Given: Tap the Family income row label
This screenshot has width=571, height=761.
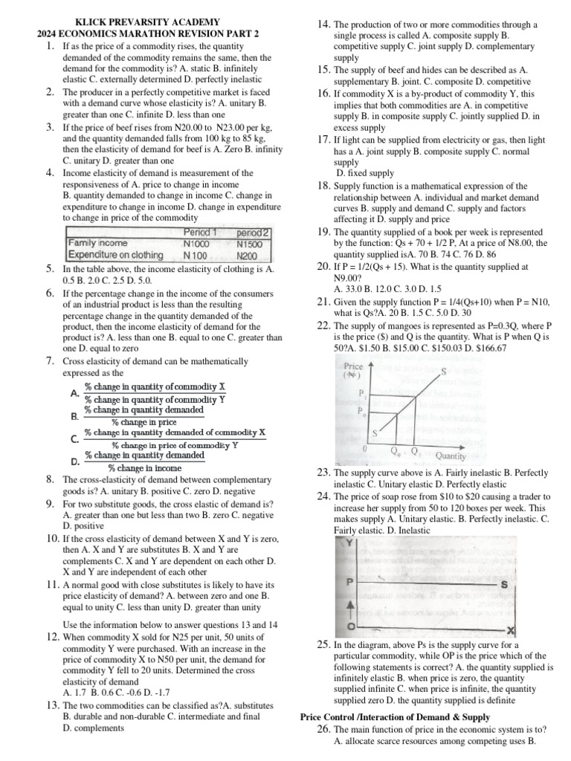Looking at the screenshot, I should click(97, 243).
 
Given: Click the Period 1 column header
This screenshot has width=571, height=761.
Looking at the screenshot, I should click(200, 231).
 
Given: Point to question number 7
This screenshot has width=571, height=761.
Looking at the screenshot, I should click(49, 361).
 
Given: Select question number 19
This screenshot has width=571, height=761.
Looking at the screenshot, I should click(323, 232).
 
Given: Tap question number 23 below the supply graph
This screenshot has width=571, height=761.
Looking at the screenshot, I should click(323, 473).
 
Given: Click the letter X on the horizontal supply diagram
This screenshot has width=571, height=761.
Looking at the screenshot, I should click(511, 630).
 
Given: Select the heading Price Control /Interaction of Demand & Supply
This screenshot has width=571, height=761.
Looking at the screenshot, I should click(395, 716).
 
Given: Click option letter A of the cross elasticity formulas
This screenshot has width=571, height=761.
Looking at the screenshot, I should click(74, 392).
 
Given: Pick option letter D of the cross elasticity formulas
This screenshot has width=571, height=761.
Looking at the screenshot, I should click(74, 462).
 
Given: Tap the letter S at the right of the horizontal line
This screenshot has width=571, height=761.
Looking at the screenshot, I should click(505, 584).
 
